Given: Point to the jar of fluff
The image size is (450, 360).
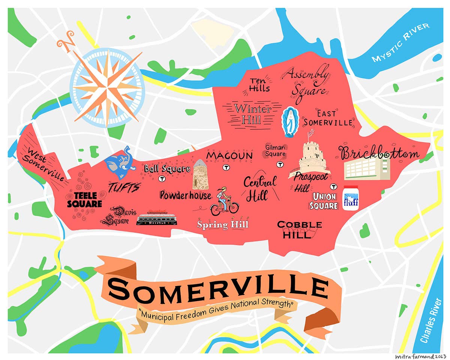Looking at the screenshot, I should coord(351,198).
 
